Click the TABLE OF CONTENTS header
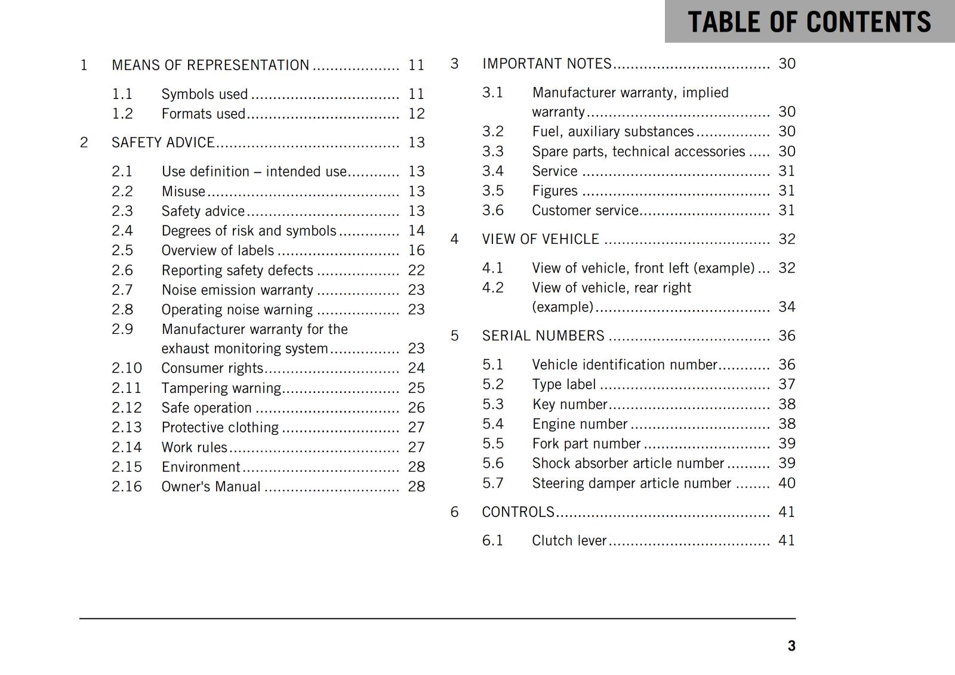point(809,22)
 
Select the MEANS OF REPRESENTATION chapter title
point(210,65)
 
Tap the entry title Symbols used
point(204,94)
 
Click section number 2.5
point(122,250)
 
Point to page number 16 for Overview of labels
point(416,250)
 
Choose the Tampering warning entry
point(221,388)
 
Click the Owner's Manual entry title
point(211,487)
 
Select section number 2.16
point(127,487)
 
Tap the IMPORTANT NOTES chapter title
point(547,64)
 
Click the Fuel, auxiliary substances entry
point(612,132)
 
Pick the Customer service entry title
point(585,210)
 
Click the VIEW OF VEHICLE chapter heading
point(540,239)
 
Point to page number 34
point(787,307)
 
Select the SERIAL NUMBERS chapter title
point(543,336)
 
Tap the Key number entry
point(569,404)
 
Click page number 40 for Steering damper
point(787,483)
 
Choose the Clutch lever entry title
point(569,541)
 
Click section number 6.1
point(492,541)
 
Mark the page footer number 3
point(791,646)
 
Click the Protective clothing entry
point(220,428)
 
